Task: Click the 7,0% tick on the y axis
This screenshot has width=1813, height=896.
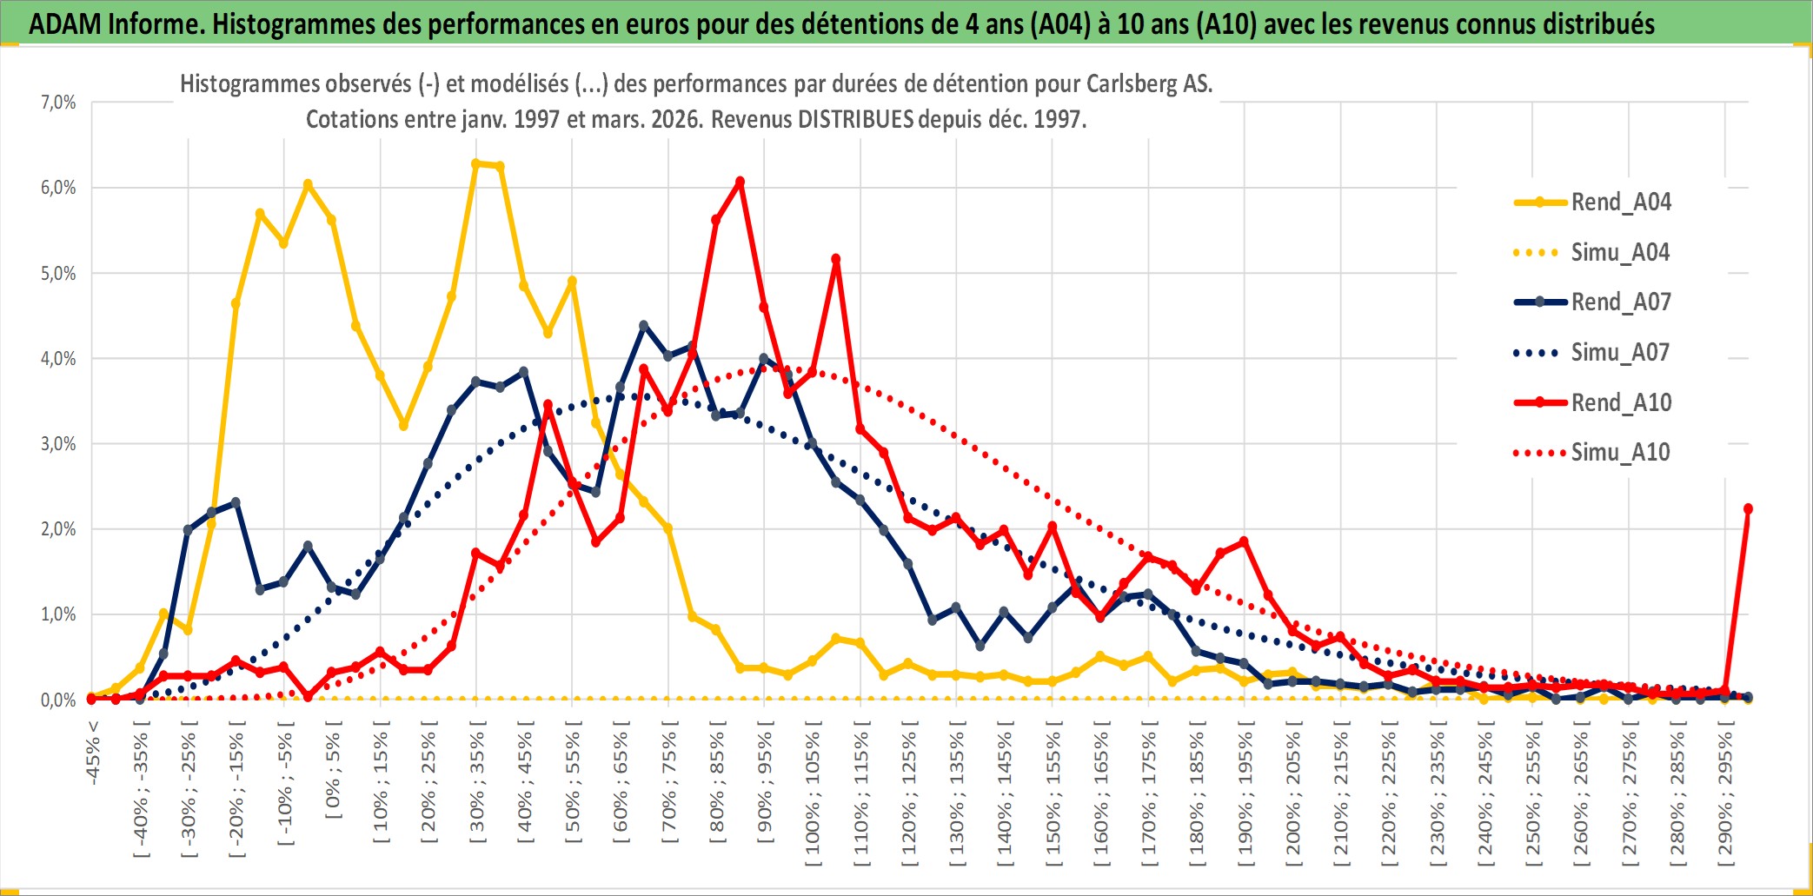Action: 58,103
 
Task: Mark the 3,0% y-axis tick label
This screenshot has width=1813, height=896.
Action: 58,444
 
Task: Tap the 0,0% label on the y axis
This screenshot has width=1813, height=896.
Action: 58,700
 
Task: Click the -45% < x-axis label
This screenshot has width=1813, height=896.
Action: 93,753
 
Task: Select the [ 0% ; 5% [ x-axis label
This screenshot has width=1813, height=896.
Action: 333,769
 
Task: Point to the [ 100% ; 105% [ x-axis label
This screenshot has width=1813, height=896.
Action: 813,798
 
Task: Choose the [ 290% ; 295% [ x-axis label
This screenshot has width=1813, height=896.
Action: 1725,798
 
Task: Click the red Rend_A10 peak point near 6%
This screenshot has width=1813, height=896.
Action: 740,182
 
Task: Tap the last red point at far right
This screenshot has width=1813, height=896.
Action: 1748,508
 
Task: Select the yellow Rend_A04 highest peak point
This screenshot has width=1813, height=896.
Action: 475,163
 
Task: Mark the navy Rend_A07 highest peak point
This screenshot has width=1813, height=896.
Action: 644,326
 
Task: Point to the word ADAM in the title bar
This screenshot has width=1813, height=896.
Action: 64,23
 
